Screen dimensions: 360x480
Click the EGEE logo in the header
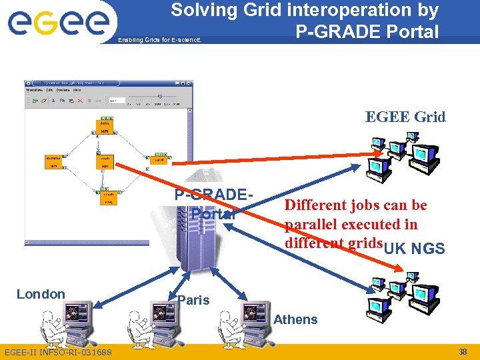(58, 23)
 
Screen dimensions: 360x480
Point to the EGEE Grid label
(405, 117)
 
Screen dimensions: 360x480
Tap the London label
(41, 294)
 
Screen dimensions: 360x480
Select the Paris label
(193, 300)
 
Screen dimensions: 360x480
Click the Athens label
(295, 319)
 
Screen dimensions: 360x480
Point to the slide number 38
(463, 351)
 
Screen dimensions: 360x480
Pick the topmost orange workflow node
(105, 127)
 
